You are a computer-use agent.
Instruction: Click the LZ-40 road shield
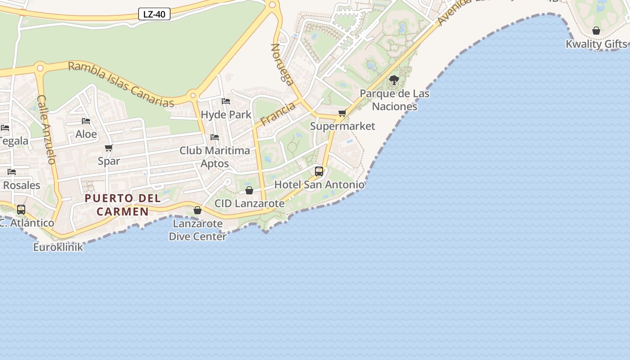[x=154, y=14]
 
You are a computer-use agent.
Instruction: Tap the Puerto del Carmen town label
[x=122, y=205]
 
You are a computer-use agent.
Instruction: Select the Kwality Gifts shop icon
[x=596, y=31]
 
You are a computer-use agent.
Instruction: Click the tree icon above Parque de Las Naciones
[x=394, y=81]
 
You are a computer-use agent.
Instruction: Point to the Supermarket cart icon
[x=342, y=113]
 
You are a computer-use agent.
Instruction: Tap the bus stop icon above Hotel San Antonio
[x=319, y=171]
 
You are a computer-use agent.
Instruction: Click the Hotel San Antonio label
[x=319, y=184]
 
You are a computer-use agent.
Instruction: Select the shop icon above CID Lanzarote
[x=249, y=190]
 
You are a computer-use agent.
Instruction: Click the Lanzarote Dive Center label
[x=197, y=230]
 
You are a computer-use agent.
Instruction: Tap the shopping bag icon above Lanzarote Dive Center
[x=198, y=210]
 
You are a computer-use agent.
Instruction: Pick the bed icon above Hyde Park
[x=226, y=101]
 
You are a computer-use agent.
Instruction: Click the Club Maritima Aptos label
[x=215, y=157]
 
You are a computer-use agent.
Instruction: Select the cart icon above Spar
[x=108, y=148]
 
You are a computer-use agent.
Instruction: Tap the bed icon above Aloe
[x=86, y=121]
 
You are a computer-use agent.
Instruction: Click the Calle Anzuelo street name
[x=46, y=130]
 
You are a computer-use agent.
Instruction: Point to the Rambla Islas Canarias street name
[x=121, y=85]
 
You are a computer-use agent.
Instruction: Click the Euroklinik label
[x=58, y=247]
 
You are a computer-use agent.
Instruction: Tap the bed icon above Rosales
[x=12, y=172]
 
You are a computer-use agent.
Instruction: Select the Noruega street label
[x=282, y=64]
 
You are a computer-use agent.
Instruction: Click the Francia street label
[x=278, y=113]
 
